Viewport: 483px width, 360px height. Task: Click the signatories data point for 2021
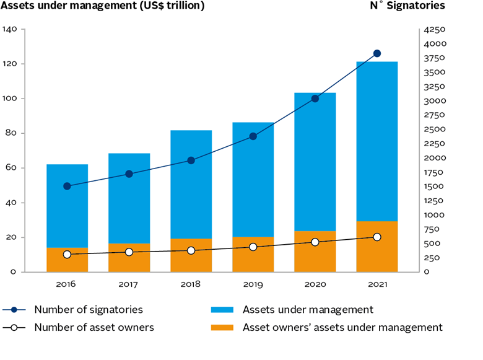(376, 54)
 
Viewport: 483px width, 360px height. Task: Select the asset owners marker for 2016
(67, 255)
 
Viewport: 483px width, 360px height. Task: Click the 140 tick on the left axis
(11, 29)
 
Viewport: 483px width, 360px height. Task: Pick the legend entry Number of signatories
(89, 310)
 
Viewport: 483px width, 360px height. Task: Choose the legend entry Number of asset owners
(93, 327)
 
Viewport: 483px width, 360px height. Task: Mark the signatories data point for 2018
(191, 160)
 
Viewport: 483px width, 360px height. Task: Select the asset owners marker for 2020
(315, 242)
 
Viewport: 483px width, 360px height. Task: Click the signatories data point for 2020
(315, 99)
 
